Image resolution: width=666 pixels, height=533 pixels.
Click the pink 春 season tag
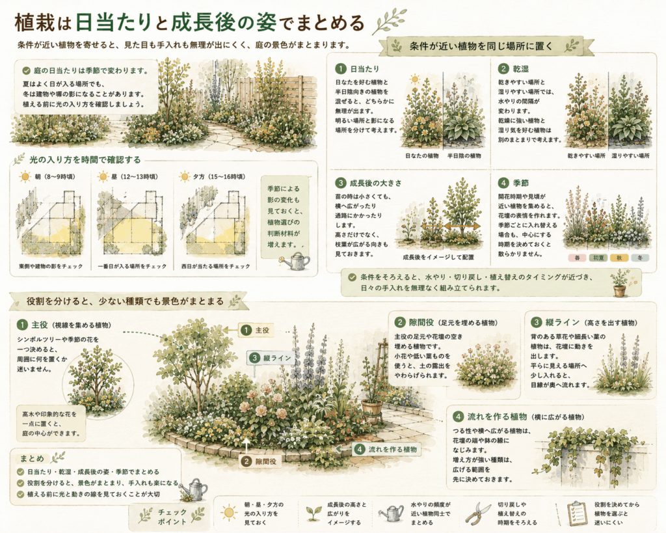click(x=578, y=258)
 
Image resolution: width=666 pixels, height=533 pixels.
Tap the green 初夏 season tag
click(x=598, y=258)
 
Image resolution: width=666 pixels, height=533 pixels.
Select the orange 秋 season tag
click(x=619, y=258)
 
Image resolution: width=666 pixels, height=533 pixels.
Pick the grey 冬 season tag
click(x=640, y=258)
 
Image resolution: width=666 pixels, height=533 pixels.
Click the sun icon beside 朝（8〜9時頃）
click(x=25, y=177)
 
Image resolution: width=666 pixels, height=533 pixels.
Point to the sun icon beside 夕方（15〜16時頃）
click(x=184, y=177)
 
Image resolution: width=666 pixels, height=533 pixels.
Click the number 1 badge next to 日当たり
click(x=341, y=69)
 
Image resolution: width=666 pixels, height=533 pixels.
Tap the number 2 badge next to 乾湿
click(x=503, y=69)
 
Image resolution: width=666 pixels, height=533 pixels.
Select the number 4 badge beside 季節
click(x=503, y=183)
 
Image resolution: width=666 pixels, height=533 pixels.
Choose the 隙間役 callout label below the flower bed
click(x=260, y=461)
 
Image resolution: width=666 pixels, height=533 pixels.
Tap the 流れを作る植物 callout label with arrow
click(x=386, y=449)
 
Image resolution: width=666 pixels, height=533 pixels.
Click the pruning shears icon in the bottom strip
click(x=477, y=513)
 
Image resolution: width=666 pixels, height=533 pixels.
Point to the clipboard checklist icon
click(x=576, y=512)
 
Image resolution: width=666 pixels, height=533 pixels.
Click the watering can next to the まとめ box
click(x=195, y=489)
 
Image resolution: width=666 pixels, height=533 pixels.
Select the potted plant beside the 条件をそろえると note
click(x=620, y=283)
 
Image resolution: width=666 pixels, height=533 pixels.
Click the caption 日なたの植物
click(x=421, y=156)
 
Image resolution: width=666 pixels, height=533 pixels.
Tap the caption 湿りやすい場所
click(x=630, y=156)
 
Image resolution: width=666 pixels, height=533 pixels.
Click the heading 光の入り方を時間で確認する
click(x=85, y=160)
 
